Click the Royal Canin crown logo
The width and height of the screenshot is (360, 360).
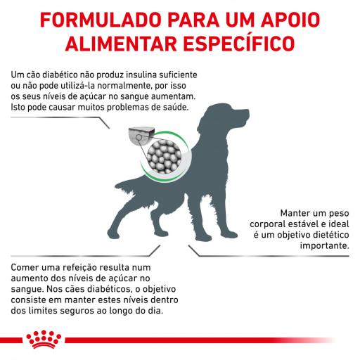point(44,339)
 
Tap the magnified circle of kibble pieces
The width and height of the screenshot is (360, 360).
point(164,156)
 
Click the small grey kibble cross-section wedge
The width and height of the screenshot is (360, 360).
point(141,136)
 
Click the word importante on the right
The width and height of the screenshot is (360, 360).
point(324,245)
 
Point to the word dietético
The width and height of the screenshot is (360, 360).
point(331,235)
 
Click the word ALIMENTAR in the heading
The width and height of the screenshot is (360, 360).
point(121,43)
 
